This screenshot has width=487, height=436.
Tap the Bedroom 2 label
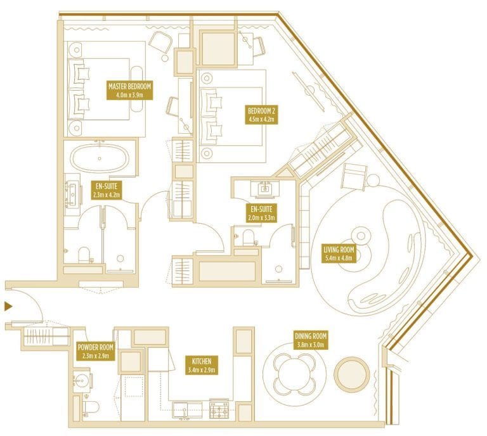coord(261,113)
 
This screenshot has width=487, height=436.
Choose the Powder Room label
coord(95,352)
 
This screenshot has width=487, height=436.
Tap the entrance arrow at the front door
coord(8,307)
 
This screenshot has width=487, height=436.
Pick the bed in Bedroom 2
coord(231,114)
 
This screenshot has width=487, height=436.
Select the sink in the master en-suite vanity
coord(71,192)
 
